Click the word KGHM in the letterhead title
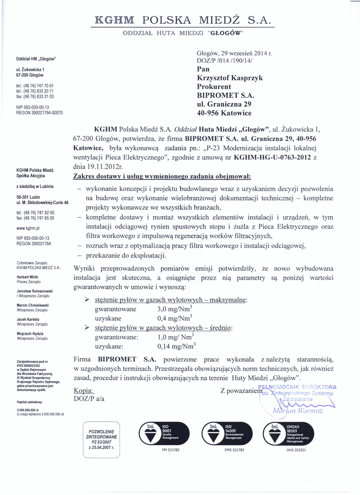click(115, 21)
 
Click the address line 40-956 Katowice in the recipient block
click(224, 113)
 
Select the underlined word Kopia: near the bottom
click(84, 390)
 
